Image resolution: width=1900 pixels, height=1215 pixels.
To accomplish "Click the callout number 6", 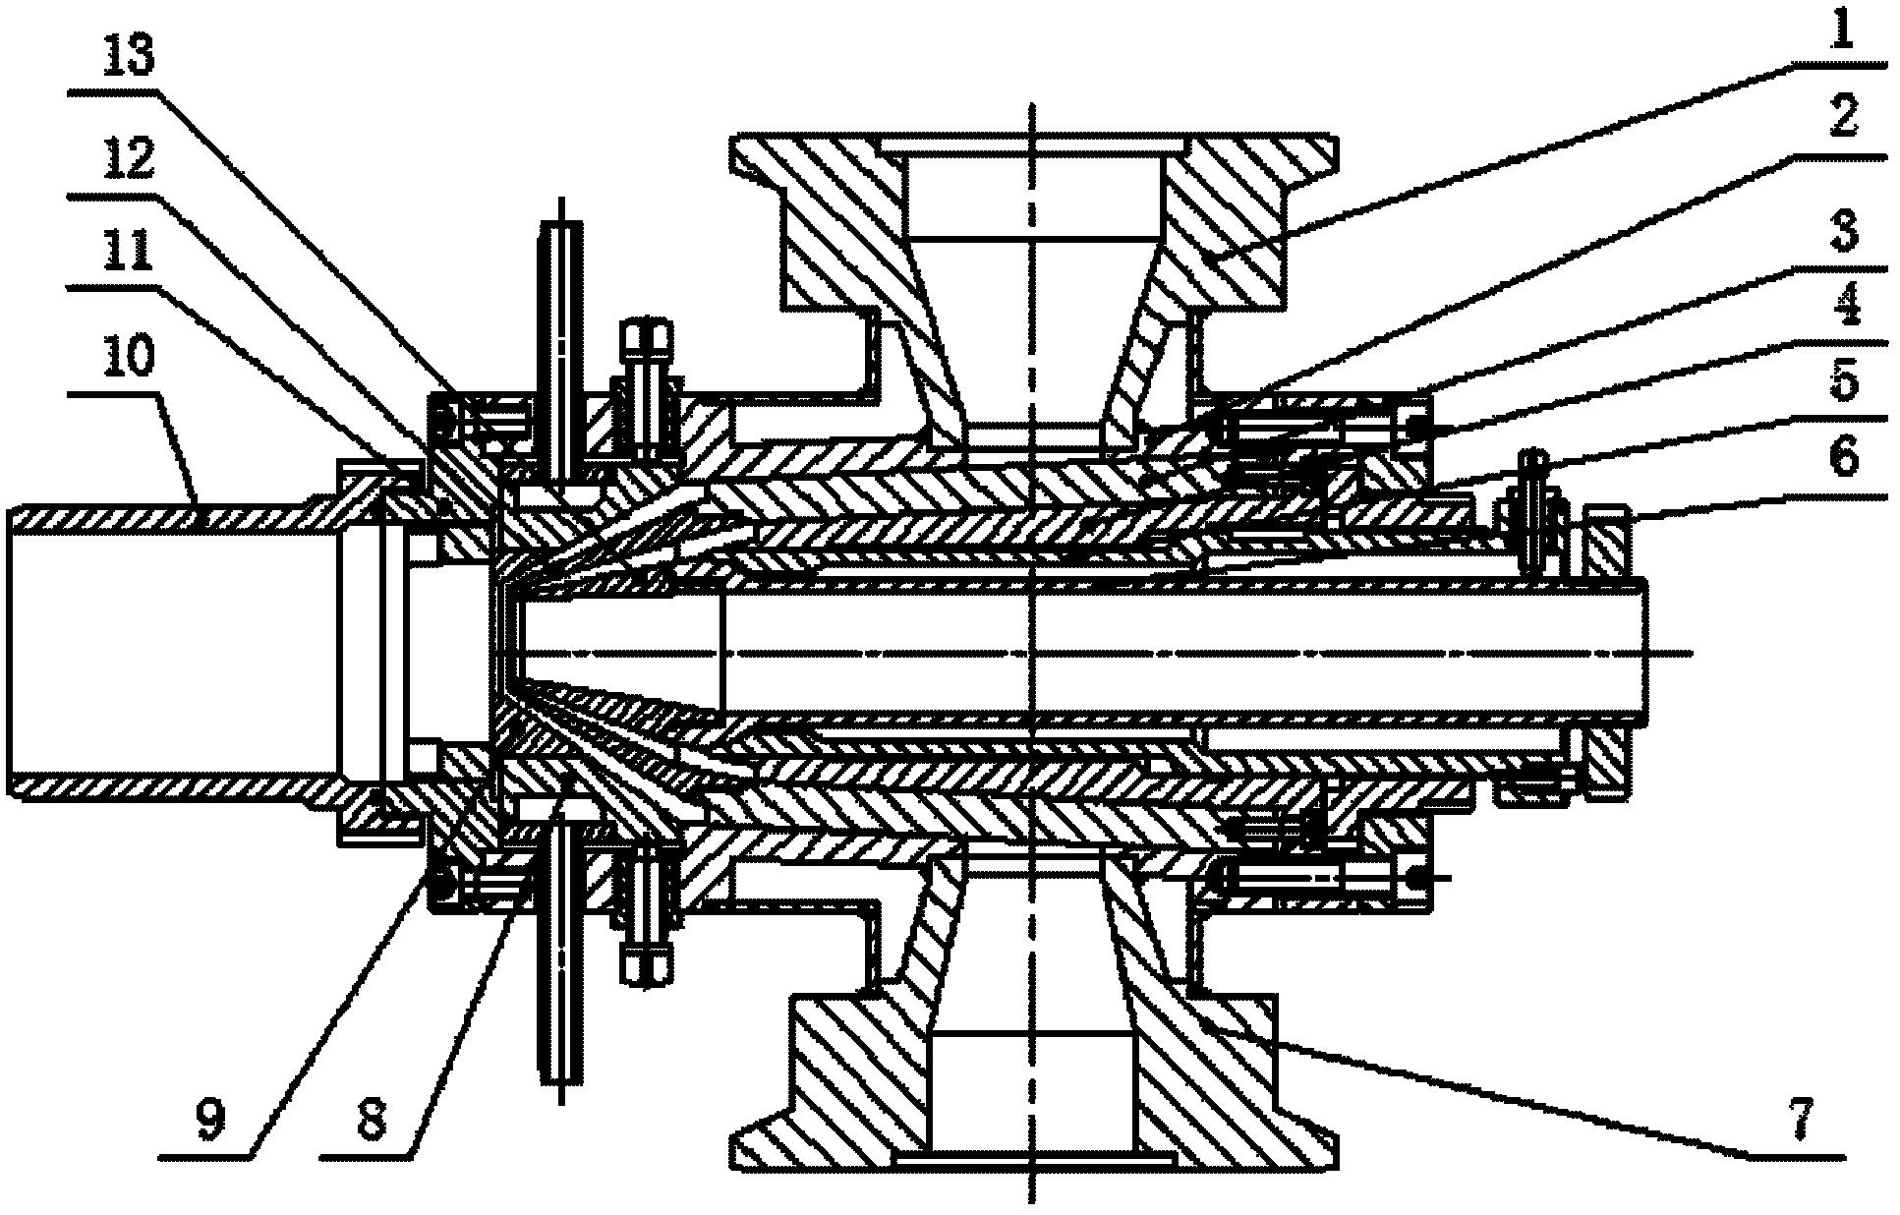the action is [1843, 457].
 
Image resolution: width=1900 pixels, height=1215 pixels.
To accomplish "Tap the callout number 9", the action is [209, 1118].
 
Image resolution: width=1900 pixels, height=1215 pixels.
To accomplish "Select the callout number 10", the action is [128, 355].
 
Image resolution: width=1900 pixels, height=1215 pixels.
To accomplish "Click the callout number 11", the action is [128, 251].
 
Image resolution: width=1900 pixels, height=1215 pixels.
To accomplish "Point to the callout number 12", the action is [128, 158].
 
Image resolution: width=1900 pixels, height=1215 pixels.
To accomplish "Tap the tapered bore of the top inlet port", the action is [1032, 334].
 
